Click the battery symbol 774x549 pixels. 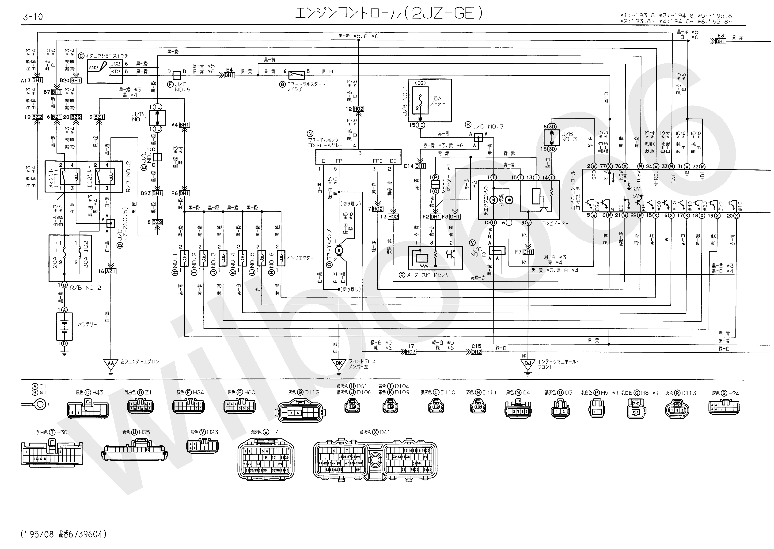pos(64,326)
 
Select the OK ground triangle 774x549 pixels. pos(338,363)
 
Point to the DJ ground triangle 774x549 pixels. pos(527,364)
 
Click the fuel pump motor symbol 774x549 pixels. pos(338,250)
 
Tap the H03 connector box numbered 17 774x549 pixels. pos(411,352)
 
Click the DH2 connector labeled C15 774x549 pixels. pos(476,352)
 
